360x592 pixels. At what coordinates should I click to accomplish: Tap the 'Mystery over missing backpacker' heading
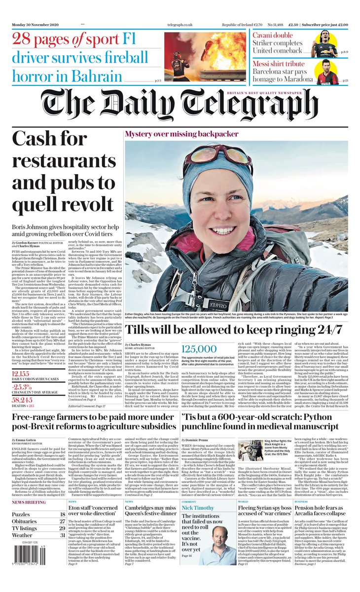pyautogui.click(x=181, y=134)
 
